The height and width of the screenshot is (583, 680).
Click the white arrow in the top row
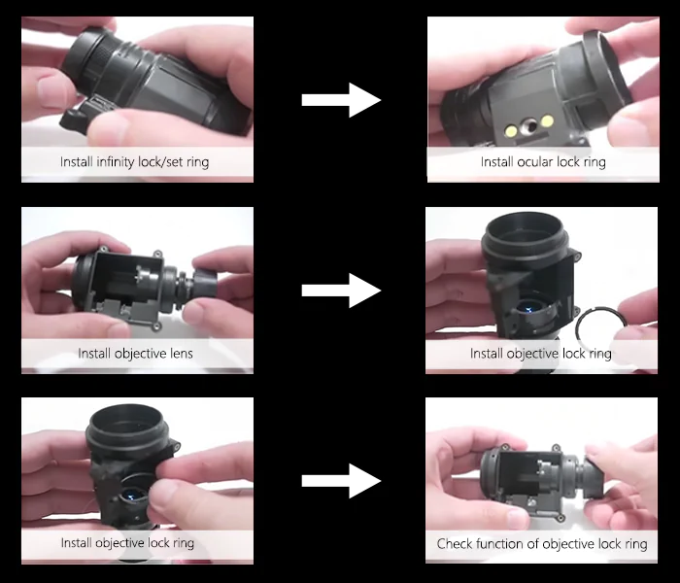point(341,100)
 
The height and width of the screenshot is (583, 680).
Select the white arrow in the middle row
point(341,291)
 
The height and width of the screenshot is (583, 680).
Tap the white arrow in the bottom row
point(341,481)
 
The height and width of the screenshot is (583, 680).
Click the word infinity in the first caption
point(115,162)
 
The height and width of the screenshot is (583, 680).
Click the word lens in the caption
point(182,354)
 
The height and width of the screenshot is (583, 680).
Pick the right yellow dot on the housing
point(547,120)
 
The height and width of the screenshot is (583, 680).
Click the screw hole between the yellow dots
point(528,125)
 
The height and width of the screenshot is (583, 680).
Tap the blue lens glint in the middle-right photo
point(528,309)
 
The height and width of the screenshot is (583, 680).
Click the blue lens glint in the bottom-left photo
point(129,494)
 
